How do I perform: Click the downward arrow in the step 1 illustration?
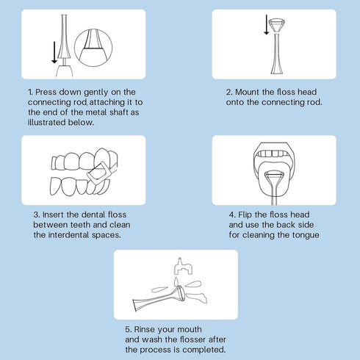54,52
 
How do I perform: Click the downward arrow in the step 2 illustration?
267,24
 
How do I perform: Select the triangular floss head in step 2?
277,25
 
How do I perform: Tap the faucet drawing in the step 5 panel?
183,266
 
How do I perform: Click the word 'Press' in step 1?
46,92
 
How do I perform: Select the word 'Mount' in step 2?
247,92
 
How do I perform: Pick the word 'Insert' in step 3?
54,215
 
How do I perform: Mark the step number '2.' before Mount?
229,93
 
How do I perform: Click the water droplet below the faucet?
176,281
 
